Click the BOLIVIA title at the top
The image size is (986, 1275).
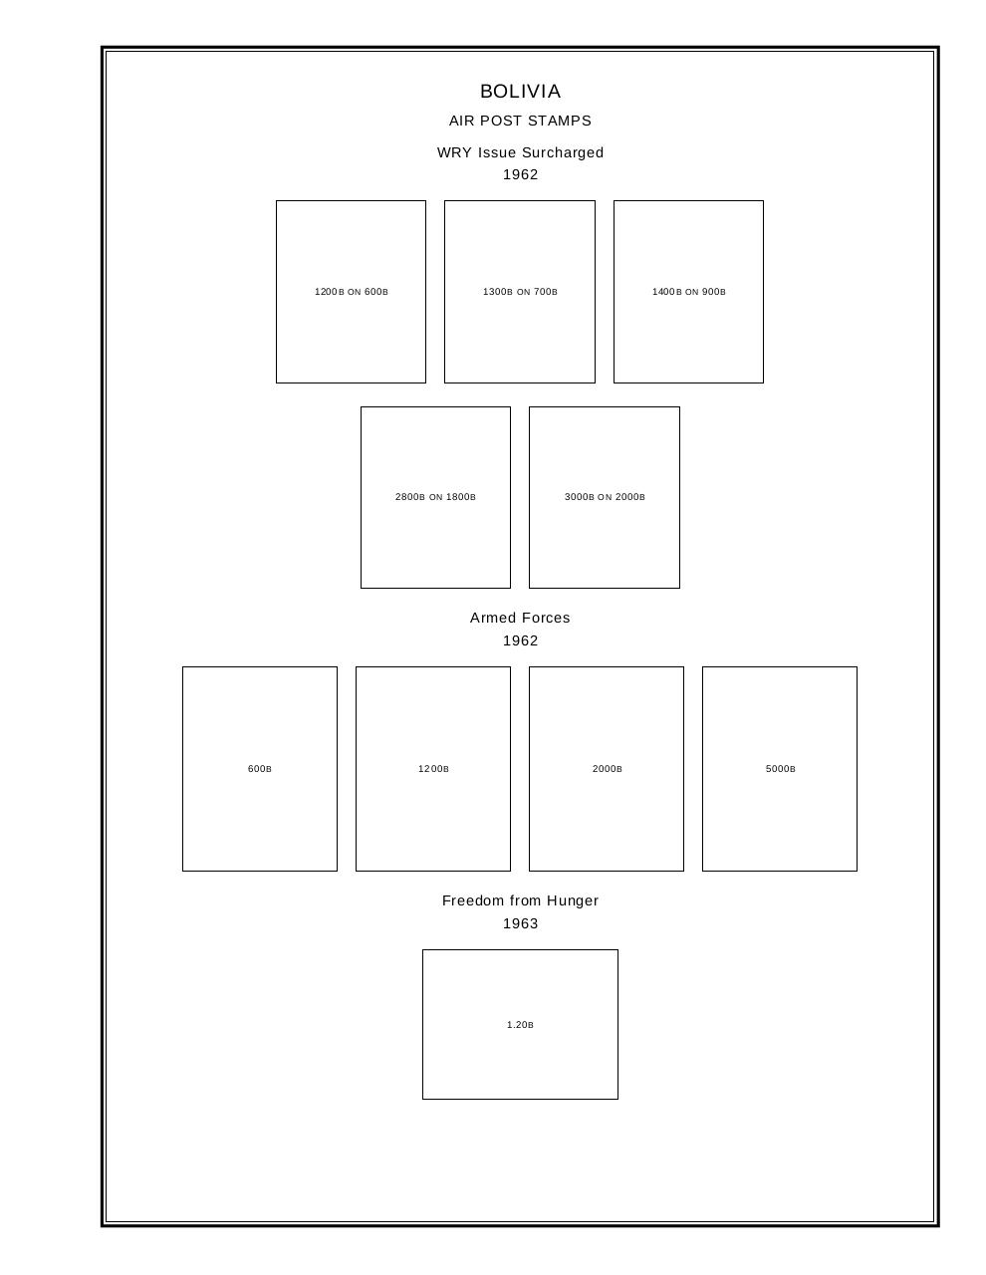coord(520,92)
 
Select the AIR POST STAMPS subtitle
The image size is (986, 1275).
coord(520,121)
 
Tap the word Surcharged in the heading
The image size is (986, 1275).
coord(563,152)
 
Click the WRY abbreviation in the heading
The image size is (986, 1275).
coord(454,152)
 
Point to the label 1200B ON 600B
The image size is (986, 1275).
coord(351,292)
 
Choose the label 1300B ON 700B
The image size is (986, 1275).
coord(520,292)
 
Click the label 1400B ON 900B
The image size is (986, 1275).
coord(688,292)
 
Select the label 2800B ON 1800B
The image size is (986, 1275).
coord(435,497)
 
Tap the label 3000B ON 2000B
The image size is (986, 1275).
coord(605,497)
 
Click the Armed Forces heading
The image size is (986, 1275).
coord(520,618)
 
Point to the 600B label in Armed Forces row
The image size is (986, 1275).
coord(260,769)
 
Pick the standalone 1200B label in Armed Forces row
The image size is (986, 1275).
coord(433,769)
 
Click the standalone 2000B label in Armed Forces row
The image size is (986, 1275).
coord(607,769)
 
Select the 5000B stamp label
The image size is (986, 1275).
coord(780,769)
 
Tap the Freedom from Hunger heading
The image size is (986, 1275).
coord(520,900)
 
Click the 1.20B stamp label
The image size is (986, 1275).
coord(520,1025)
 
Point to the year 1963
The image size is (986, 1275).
coord(520,923)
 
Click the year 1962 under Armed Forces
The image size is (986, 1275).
coord(520,640)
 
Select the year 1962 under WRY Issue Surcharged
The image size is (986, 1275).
coord(520,174)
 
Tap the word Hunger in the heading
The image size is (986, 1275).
coord(572,900)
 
